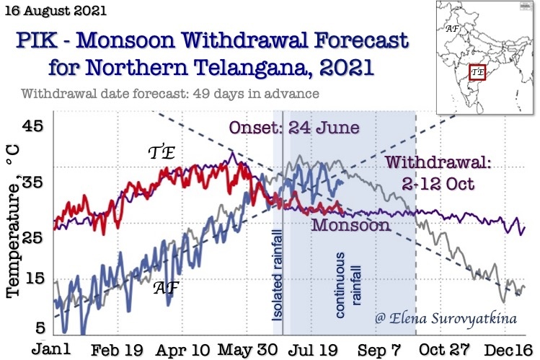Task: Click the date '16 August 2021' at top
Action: click(x=55, y=12)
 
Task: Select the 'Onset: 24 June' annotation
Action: click(x=293, y=128)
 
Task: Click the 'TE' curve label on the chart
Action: click(x=163, y=152)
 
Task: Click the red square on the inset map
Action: click(x=477, y=73)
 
